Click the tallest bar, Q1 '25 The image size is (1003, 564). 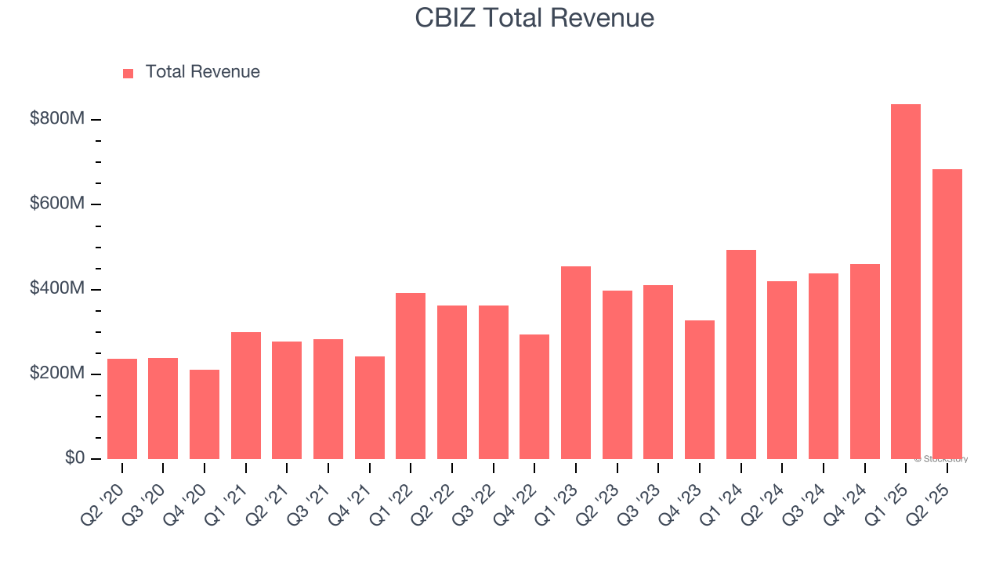point(905,282)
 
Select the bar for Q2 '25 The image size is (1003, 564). point(947,313)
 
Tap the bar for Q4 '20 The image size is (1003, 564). point(205,414)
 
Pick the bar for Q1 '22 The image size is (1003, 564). point(411,376)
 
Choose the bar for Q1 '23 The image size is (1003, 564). point(576,363)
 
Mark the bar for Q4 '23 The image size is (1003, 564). point(700,389)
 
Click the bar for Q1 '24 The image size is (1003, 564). point(740,354)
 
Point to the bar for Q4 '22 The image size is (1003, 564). point(534,396)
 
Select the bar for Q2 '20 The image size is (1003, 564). point(122,409)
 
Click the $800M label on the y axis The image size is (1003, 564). point(57,119)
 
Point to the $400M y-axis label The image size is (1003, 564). point(57,289)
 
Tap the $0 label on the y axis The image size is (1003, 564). point(74,458)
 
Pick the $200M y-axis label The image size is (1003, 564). point(57,374)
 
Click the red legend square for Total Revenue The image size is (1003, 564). point(129,74)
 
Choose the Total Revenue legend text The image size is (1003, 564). point(202,72)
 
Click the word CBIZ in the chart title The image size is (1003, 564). point(444,18)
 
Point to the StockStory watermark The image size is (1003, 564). point(940,459)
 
